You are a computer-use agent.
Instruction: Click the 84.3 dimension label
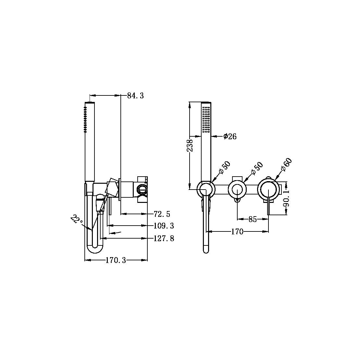coord(135,96)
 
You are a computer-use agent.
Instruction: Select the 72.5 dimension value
coord(162,214)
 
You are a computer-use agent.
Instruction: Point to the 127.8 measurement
coord(164,239)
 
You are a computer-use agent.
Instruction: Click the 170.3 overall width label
coord(116,260)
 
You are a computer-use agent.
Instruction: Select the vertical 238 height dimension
coord(191,146)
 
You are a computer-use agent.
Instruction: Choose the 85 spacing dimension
coord(253,219)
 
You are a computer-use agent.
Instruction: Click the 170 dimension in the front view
coord(237,232)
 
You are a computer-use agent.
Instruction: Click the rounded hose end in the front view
coord(206,249)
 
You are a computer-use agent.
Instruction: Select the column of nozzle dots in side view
coord(86,119)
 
